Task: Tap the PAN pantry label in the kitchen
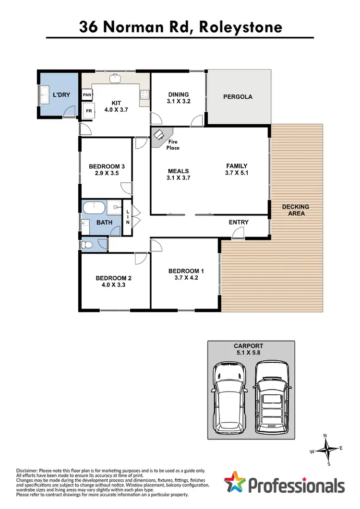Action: [x=87, y=95]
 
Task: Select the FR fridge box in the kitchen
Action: [x=88, y=111]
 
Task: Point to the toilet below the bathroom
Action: [x=87, y=245]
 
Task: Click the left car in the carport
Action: [x=230, y=396]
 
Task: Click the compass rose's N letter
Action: [x=325, y=436]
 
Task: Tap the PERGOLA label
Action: [x=238, y=97]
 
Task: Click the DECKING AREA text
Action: [x=296, y=210]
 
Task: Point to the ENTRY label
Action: [x=239, y=222]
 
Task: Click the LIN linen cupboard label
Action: [x=127, y=217]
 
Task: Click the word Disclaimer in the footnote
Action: [x=31, y=471]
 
